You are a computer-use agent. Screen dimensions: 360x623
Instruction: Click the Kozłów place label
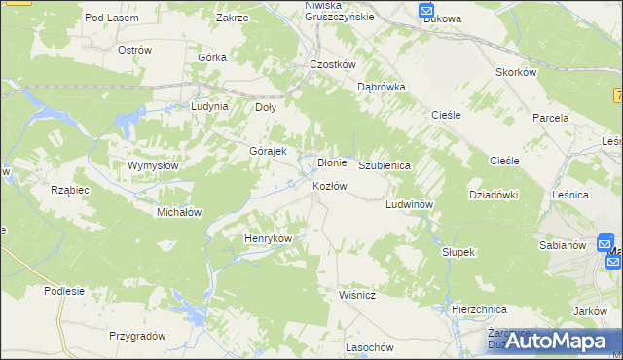pos(329,186)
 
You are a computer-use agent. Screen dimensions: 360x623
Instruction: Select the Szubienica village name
pos(385,166)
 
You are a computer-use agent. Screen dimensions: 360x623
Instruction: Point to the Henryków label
pos(268,238)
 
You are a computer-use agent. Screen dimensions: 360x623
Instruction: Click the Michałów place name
pos(179,211)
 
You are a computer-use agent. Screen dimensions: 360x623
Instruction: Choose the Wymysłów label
pos(153,165)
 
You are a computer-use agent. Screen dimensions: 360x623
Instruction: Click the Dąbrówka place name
pos(381,87)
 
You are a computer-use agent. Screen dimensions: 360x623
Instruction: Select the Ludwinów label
pos(409,205)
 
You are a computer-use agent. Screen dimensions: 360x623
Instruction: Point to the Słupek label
pos(458,252)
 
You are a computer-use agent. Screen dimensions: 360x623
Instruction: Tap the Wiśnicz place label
pos(358,292)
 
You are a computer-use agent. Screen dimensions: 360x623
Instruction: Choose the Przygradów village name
pos(137,336)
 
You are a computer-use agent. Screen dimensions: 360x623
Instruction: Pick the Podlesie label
pos(64,291)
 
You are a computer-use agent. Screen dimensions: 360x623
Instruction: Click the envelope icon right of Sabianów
pos(605,242)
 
